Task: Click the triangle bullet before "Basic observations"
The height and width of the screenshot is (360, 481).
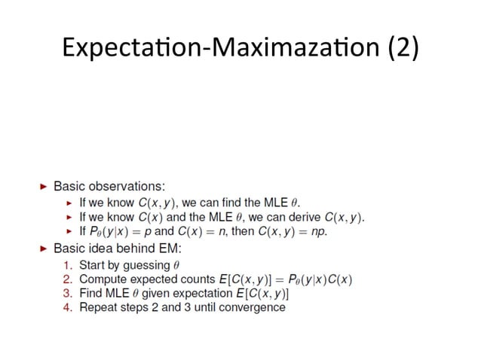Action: (x=43, y=185)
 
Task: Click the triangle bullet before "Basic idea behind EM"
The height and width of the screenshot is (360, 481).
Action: (x=43, y=249)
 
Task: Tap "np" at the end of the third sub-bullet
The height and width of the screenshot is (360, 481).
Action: (x=320, y=231)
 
